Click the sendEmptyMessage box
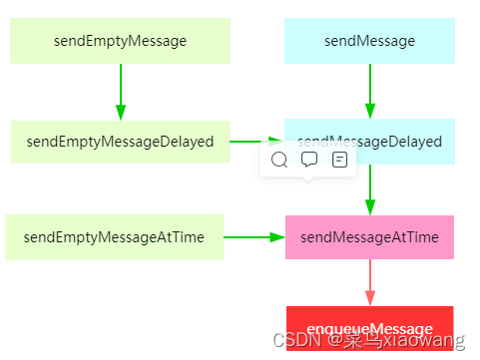click(x=120, y=41)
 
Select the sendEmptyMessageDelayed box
click(x=120, y=142)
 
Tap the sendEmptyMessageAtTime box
click(x=114, y=237)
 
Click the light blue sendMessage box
click(x=369, y=41)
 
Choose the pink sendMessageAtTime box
click(x=369, y=237)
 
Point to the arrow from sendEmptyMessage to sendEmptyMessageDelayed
click(x=121, y=92)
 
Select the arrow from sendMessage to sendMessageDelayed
click(x=370, y=91)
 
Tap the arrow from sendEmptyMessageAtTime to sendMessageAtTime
click(x=253, y=237)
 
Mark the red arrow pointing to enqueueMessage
click(x=370, y=281)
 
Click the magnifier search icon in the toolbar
click(x=279, y=160)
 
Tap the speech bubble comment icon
click(x=309, y=160)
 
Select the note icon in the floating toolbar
click(x=339, y=160)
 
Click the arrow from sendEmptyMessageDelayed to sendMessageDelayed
click(x=255, y=142)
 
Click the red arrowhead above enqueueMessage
click(x=370, y=298)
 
